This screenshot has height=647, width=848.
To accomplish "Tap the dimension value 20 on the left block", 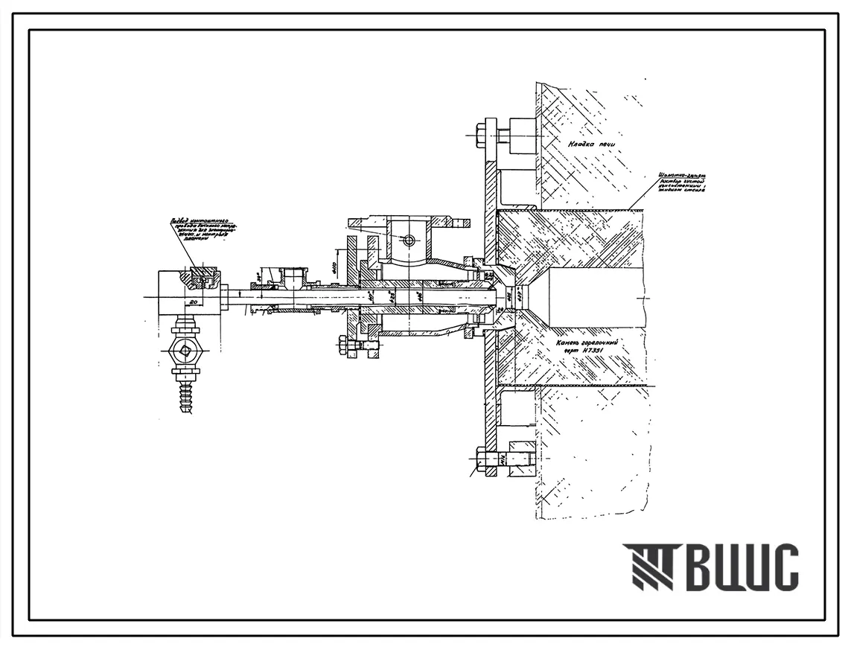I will point(191,302).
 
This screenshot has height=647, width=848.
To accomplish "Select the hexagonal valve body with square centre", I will point(185,350).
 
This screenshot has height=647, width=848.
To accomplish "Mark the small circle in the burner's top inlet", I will point(408,240).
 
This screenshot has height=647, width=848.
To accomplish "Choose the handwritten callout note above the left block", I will point(200,235).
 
